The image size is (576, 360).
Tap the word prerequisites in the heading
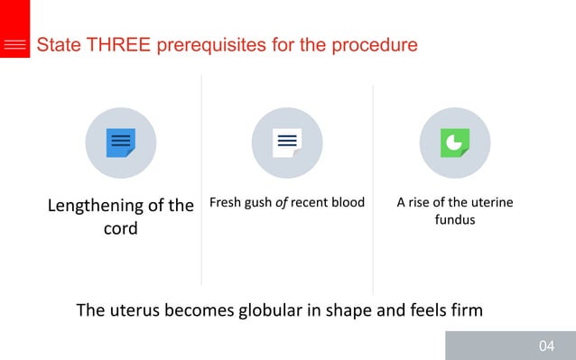click(x=214, y=44)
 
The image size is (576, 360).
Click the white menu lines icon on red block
click(x=14, y=45)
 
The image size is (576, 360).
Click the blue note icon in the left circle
click(x=120, y=143)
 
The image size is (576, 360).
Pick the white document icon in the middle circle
click(x=287, y=143)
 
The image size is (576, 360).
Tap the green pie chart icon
click(x=454, y=143)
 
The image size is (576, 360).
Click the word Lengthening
click(x=97, y=205)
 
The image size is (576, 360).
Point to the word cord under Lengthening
click(x=120, y=228)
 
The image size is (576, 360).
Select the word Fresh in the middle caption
click(x=226, y=202)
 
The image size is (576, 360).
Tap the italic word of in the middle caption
click(x=282, y=202)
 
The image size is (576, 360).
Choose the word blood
click(x=348, y=202)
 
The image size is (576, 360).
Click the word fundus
click(x=454, y=219)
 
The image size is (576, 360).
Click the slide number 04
click(x=546, y=346)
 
